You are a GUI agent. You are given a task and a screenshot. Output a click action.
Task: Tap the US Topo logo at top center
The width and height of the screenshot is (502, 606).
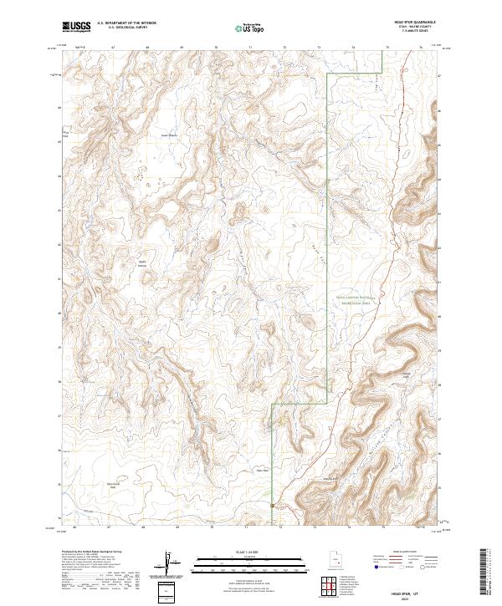click(252, 28)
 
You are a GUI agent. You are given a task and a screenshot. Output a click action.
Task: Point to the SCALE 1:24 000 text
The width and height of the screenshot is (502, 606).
click(250, 551)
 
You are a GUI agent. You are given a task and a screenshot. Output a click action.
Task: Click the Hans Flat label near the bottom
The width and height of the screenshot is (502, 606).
click(260, 470)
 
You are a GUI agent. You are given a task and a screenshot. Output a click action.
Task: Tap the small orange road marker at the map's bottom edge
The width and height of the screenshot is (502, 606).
click(273, 505)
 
